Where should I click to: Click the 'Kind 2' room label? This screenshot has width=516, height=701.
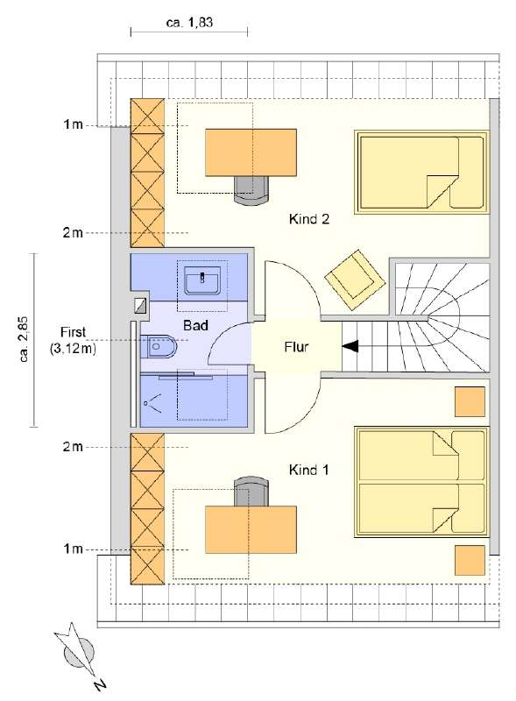pyautogui.click(x=308, y=220)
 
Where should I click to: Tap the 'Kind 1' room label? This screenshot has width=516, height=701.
pyautogui.click(x=308, y=471)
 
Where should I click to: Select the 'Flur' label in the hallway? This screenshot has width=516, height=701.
pyautogui.click(x=297, y=346)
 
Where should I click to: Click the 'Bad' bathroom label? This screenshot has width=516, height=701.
pyautogui.click(x=194, y=325)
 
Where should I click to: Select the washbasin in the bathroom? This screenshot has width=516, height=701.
pyautogui.click(x=202, y=281)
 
